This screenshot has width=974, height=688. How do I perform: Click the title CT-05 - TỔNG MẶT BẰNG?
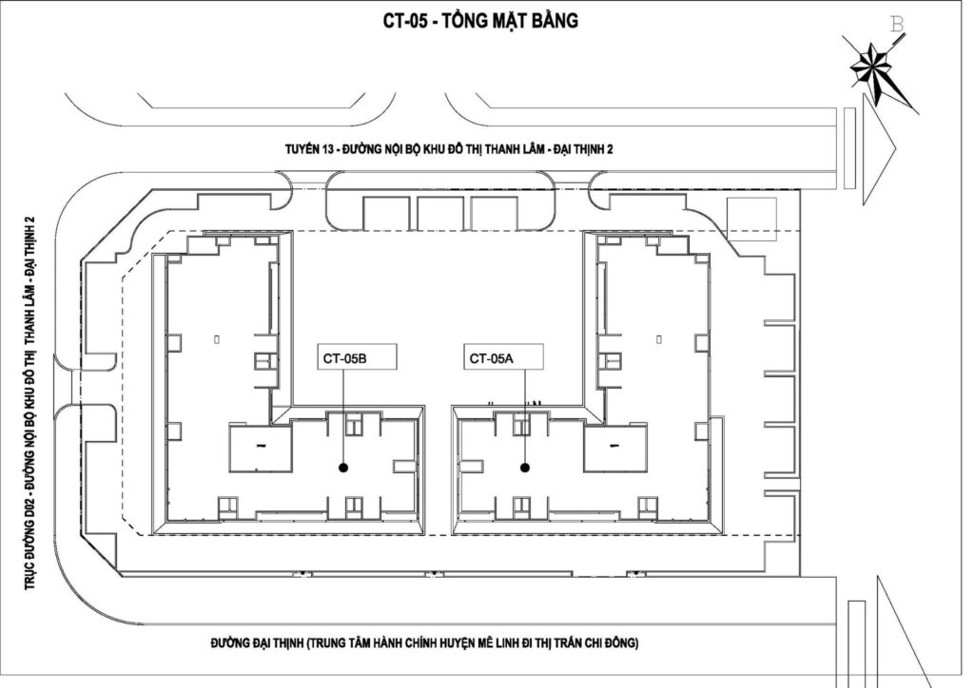tap(480, 21)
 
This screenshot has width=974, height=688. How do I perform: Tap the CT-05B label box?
tap(357, 357)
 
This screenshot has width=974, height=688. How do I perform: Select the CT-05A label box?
tap(504, 357)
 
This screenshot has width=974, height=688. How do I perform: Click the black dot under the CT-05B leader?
tap(342, 468)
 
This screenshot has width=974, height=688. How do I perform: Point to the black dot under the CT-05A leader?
tap(525, 468)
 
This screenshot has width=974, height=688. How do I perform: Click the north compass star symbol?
tap(871, 64)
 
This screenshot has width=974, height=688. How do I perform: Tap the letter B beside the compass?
tap(897, 25)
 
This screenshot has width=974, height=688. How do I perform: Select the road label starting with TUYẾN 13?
tap(449, 149)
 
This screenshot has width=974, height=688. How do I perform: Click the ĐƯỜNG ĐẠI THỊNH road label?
tap(424, 642)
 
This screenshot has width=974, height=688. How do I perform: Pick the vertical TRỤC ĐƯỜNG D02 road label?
tap(29, 403)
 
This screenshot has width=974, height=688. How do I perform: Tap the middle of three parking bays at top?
tap(439, 214)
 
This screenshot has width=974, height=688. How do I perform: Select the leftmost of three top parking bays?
tap(386, 214)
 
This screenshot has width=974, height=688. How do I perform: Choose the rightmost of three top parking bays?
tap(494, 214)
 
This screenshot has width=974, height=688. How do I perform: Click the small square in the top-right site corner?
tap(751, 219)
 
